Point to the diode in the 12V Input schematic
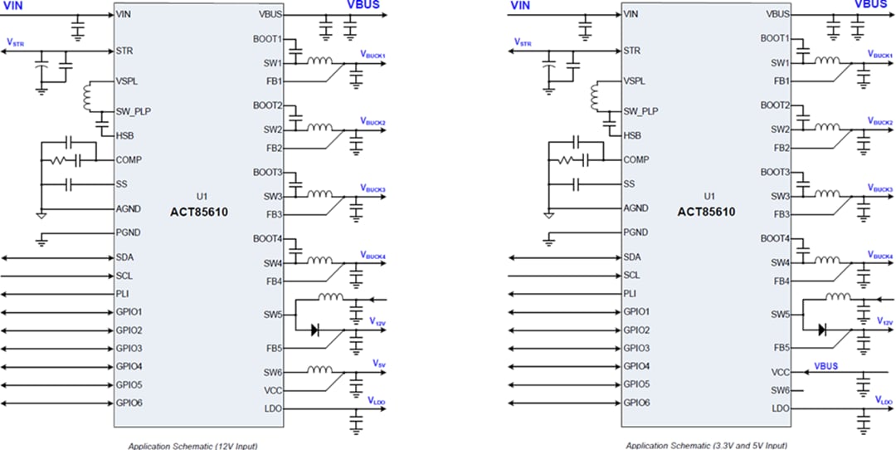[315, 330]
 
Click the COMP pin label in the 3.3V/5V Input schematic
[637, 159]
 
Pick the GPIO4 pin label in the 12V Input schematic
[130, 366]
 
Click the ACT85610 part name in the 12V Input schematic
[200, 212]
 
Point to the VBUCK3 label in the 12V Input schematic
[373, 189]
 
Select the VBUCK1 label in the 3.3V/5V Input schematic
[881, 54]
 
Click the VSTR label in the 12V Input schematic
[16, 42]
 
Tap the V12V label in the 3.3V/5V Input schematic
[885, 320]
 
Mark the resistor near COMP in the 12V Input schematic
[57, 159]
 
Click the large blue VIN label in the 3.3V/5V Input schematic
[519, 6]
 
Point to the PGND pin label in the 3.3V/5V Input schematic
[637, 232]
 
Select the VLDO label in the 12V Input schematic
[377, 401]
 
